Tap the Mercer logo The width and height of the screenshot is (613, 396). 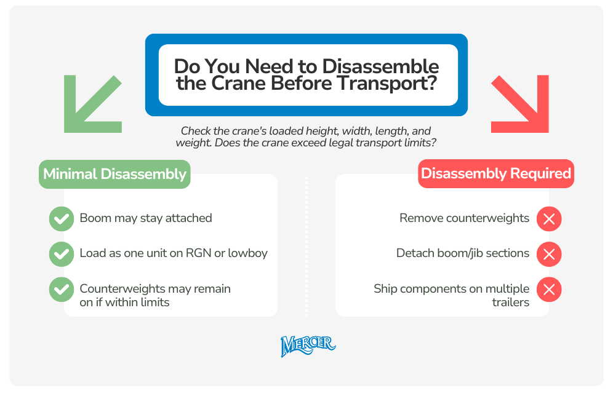[x=308, y=346]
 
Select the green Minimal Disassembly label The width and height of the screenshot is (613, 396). [x=114, y=175]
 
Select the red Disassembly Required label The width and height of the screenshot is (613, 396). [x=495, y=174]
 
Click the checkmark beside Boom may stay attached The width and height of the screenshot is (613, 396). [x=61, y=219]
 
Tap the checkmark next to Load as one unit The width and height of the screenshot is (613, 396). [x=61, y=254]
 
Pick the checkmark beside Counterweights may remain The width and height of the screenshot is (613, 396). [x=61, y=290]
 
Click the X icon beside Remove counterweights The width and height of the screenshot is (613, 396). [x=549, y=219]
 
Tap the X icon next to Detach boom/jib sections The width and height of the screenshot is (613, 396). [x=549, y=254]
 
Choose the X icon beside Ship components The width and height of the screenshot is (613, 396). [x=549, y=290]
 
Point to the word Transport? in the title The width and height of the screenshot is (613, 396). [x=390, y=83]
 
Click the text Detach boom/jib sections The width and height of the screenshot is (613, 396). [x=462, y=253]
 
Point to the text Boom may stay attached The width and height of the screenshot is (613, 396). [x=146, y=218]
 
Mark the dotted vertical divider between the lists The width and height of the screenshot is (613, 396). [x=306, y=246]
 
